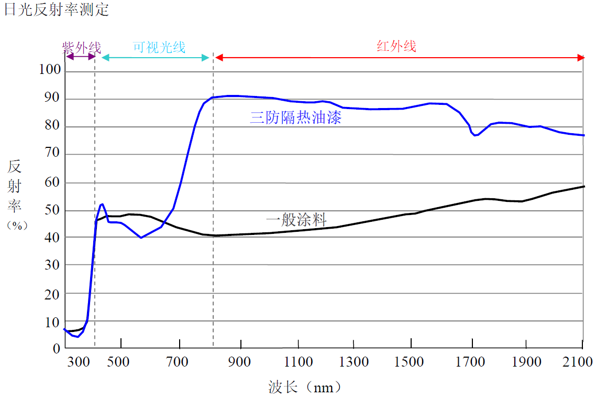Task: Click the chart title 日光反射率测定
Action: pyautogui.click(x=57, y=9)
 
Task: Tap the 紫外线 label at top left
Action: pyautogui.click(x=82, y=47)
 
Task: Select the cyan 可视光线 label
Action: pyautogui.click(x=159, y=47)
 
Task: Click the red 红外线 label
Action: pyautogui.click(x=396, y=46)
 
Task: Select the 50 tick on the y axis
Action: pyautogui.click(x=53, y=210)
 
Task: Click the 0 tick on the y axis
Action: pyautogui.click(x=57, y=348)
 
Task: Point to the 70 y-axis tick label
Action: pyautogui.click(x=53, y=154)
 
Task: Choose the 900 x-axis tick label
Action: pyautogui.click(x=240, y=362)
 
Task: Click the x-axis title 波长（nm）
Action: pyautogui.click(x=305, y=388)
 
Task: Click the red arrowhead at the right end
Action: pyautogui.click(x=581, y=57)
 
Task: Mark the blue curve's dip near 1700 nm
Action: pyautogui.click(x=476, y=135)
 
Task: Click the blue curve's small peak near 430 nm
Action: pyautogui.click(x=102, y=204)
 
